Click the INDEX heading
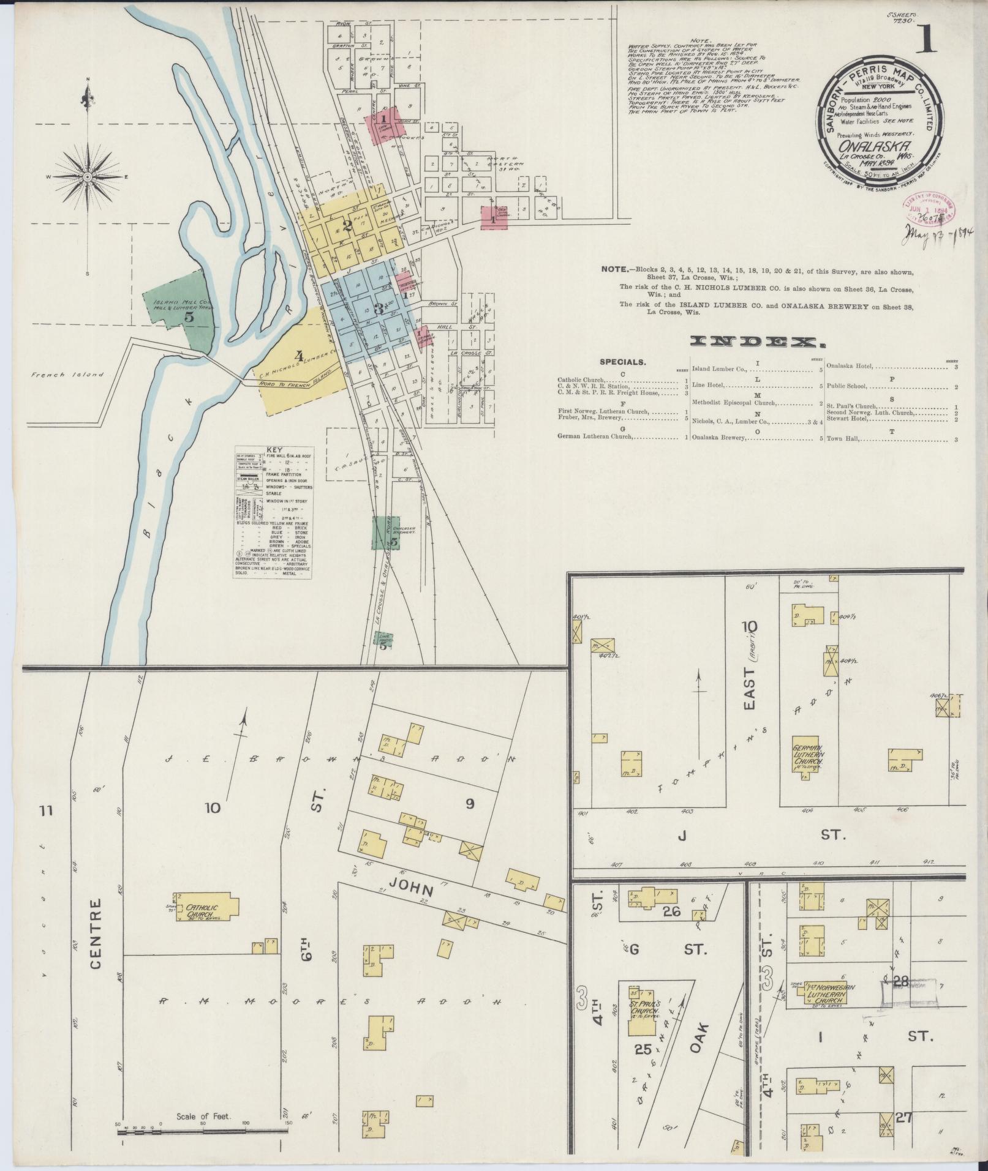(757, 343)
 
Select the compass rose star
(88, 177)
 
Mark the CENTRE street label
(96, 933)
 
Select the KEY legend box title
(272, 449)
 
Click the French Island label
(67, 375)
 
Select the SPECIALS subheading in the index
(622, 361)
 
